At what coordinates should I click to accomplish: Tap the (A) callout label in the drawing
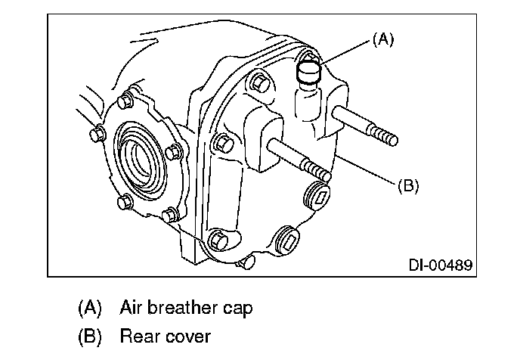383,39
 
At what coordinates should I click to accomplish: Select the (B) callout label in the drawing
408,186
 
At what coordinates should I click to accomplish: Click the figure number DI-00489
441,265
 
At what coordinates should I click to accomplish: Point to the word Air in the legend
132,308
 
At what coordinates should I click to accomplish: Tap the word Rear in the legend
139,336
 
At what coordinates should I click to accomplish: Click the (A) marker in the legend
89,308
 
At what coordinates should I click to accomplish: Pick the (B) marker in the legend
89,336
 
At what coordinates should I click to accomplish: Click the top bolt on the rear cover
258,82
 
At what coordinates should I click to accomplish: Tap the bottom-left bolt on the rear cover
218,240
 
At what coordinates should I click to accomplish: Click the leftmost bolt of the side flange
97,134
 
